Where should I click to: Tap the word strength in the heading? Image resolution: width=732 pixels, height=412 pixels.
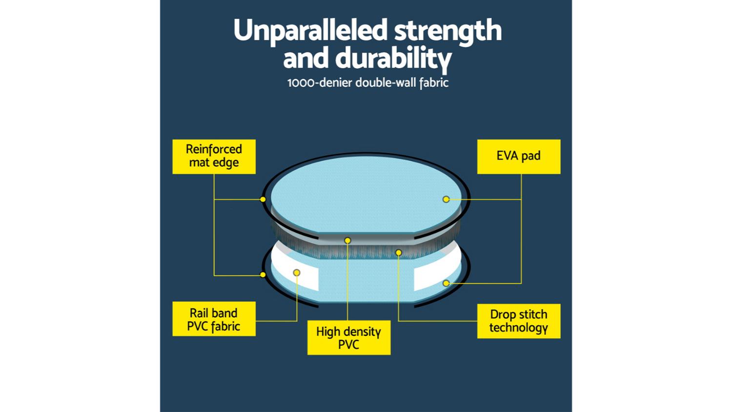click(x=448, y=31)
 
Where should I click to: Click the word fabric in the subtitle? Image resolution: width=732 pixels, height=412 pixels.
click(x=434, y=83)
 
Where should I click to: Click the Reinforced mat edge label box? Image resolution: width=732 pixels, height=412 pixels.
click(x=214, y=157)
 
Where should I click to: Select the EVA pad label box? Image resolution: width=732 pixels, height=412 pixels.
click(x=519, y=157)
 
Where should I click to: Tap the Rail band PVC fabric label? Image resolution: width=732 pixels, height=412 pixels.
click(x=214, y=319)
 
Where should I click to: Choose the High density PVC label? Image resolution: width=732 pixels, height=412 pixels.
click(x=349, y=337)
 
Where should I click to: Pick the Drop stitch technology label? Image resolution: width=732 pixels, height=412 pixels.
click(x=519, y=321)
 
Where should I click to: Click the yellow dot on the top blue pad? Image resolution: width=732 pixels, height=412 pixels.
click(x=446, y=199)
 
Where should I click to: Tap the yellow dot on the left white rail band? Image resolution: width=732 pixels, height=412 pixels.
click(x=297, y=272)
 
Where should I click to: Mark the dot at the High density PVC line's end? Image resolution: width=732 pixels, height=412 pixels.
click(x=347, y=241)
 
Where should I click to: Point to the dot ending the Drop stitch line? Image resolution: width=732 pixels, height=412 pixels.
click(x=398, y=252)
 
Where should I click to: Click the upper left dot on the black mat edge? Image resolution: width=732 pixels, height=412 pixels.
click(x=263, y=199)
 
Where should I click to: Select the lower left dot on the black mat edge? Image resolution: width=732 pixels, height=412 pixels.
click(x=263, y=275)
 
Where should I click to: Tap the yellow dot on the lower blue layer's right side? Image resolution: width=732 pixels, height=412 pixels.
click(x=446, y=283)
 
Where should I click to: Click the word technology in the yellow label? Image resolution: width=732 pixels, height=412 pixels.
click(x=519, y=328)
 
